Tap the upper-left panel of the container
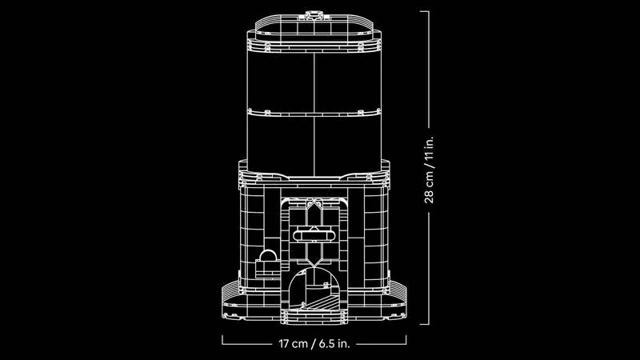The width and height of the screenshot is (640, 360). pos(280,80)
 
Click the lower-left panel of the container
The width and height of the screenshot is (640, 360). pos(280,140)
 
